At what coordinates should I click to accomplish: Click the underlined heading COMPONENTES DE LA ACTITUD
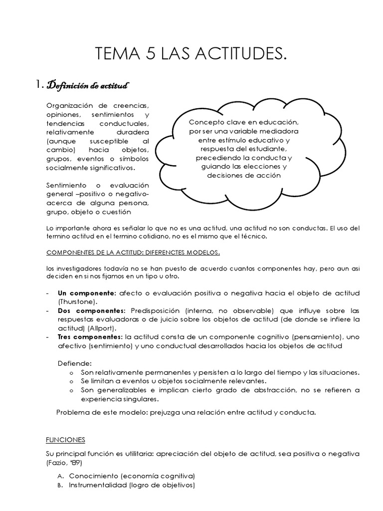click(133, 252)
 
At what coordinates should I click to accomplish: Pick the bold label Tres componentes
click(90, 337)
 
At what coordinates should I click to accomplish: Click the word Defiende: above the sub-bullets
click(74, 364)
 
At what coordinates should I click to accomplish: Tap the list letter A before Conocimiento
click(59, 476)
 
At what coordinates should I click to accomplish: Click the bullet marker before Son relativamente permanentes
click(72, 373)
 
